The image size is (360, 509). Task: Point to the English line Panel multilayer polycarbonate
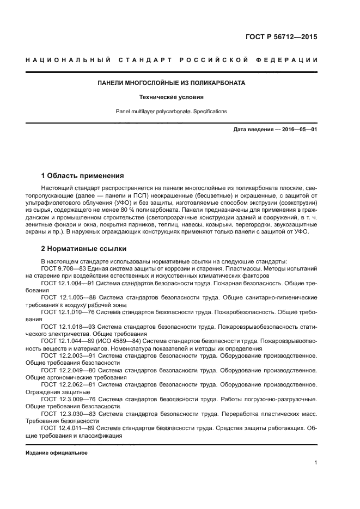pyautogui.click(x=171, y=112)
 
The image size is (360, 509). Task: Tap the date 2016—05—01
pyautogui.click(x=298, y=130)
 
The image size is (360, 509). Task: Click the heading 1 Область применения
pyautogui.click(x=83, y=176)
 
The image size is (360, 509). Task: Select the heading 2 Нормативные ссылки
pyautogui.click(x=84, y=249)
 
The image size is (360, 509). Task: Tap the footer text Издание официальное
pyautogui.click(x=57, y=453)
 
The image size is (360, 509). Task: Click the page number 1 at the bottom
pyautogui.click(x=315, y=463)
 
